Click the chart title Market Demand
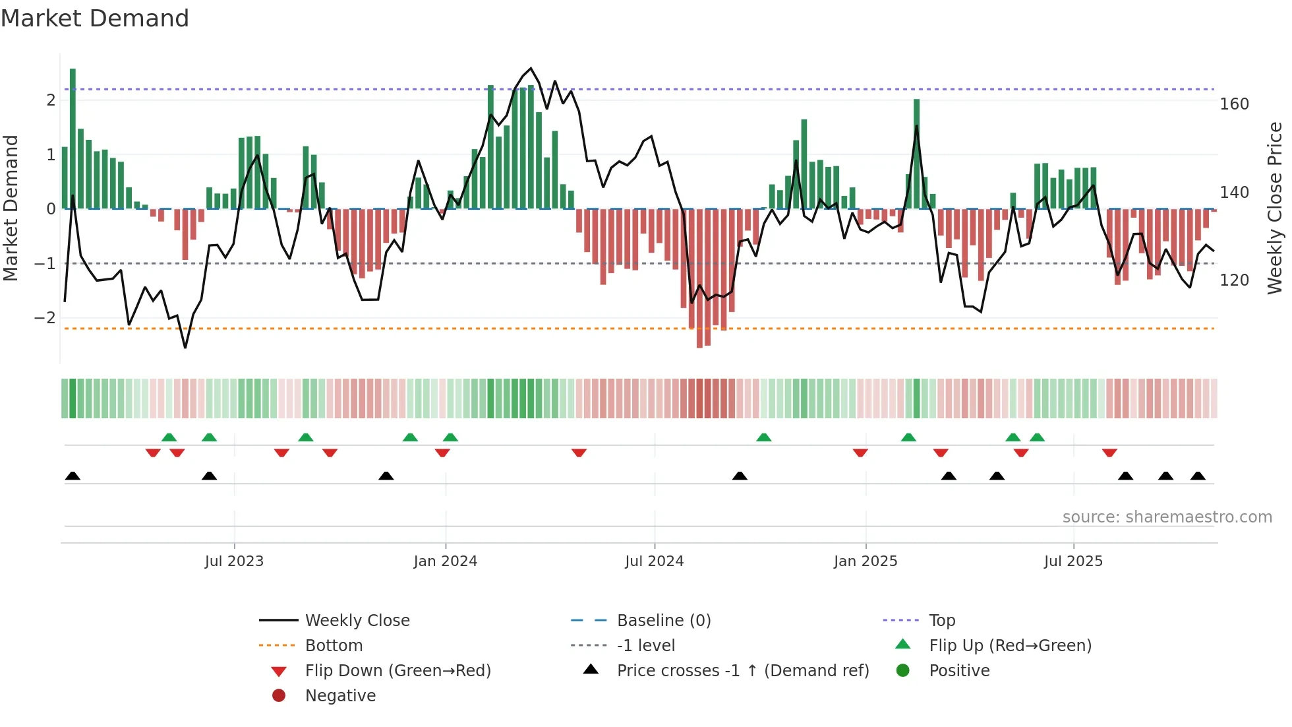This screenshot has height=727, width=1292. point(95,18)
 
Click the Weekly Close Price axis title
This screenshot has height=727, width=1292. point(1275,208)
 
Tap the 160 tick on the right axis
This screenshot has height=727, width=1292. point(1234,104)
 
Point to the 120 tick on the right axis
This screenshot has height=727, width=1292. point(1234,280)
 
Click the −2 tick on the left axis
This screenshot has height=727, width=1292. point(45,318)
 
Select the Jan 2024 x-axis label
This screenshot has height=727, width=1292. point(445,561)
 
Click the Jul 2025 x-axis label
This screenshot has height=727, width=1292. point(1072,561)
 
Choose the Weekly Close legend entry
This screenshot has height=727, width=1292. point(357,621)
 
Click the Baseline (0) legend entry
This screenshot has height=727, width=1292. point(663,621)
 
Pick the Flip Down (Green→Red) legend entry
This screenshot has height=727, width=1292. point(397,671)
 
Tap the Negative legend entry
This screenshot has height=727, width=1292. point(340,696)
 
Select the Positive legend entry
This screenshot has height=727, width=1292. point(958,671)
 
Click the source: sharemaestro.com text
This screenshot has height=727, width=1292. point(1167,517)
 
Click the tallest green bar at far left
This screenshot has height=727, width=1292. point(73,139)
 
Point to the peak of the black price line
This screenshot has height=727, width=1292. point(531,68)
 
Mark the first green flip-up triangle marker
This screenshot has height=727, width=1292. point(169,437)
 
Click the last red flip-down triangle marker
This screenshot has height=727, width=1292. point(1109,453)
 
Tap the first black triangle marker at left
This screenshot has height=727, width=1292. point(73,476)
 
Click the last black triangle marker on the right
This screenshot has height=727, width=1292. point(1198,476)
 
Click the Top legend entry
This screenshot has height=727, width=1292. point(941,621)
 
